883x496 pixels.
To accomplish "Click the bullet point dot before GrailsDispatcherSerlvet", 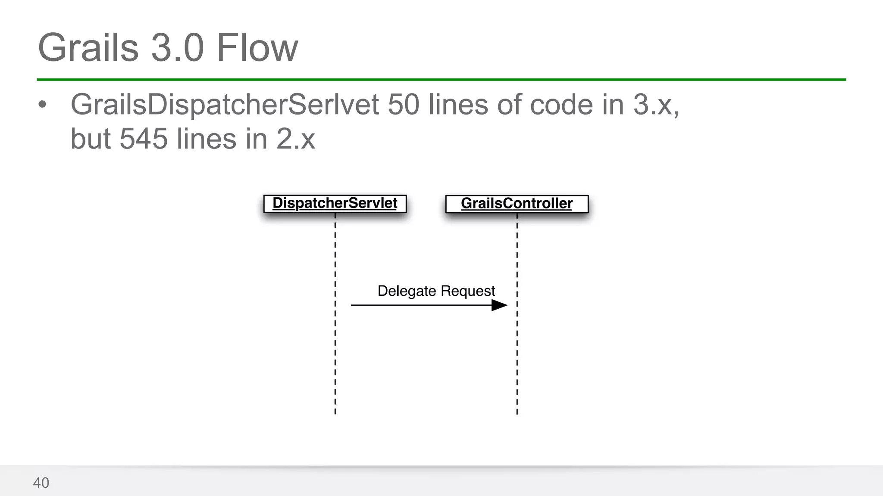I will (x=42, y=105).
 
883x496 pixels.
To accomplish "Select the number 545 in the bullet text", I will (x=143, y=139).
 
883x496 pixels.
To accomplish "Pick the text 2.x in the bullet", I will (x=296, y=139).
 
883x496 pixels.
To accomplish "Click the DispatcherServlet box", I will (x=335, y=203).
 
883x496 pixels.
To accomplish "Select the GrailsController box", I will (x=517, y=204).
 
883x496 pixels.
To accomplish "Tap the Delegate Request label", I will (x=436, y=291).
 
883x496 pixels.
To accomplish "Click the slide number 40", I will (x=41, y=483).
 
